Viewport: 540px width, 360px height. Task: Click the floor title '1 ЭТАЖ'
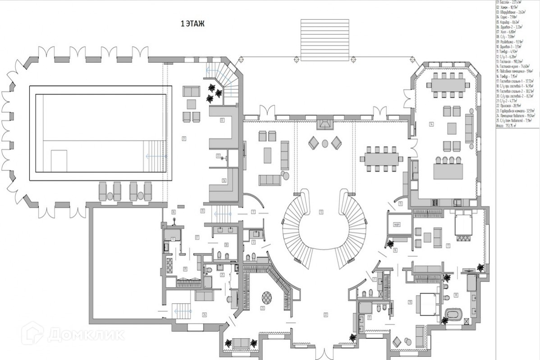[x=192, y=24]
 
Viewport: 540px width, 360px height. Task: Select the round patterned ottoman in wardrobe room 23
[x=266, y=297]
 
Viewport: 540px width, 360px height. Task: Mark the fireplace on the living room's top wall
[x=324, y=123]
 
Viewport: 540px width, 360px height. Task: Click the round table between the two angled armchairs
[x=325, y=144]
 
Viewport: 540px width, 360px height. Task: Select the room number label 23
[x=262, y=309]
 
